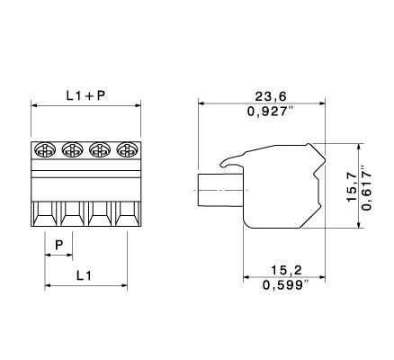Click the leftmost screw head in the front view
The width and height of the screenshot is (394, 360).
(x=45, y=149)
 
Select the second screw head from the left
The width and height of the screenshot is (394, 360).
(x=72, y=149)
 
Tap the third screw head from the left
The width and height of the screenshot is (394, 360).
(x=100, y=149)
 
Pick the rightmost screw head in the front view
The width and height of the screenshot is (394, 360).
(x=127, y=149)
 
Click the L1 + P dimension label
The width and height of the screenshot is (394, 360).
(x=85, y=95)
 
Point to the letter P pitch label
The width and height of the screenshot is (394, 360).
(x=59, y=246)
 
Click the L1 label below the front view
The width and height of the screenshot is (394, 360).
(x=84, y=275)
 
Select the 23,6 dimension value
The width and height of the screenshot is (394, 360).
(x=271, y=96)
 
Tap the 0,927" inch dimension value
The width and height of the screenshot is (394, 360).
(x=270, y=112)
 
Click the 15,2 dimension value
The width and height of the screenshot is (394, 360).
(x=286, y=270)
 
